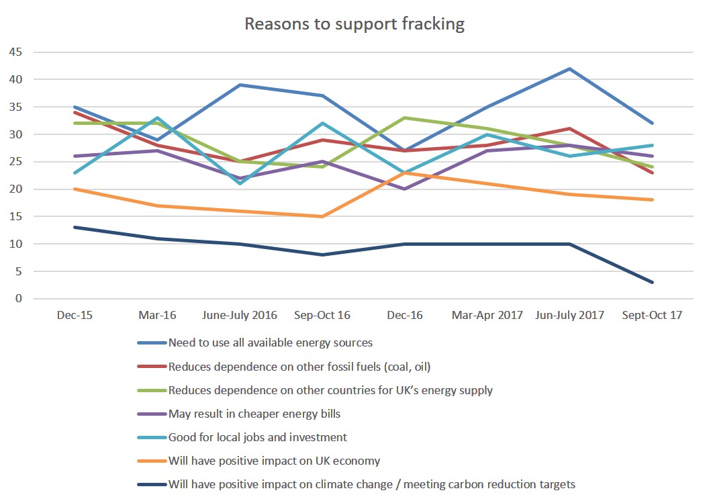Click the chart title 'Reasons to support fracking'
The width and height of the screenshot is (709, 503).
pos(354,24)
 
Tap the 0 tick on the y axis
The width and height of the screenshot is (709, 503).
pos(17,299)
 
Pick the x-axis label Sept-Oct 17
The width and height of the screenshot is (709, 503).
pos(652,315)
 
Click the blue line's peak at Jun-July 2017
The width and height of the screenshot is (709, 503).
pos(569,68)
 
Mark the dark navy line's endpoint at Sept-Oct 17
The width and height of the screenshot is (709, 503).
pos(652,282)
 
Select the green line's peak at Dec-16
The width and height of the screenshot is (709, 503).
pos(404,118)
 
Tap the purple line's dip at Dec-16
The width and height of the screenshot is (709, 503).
pos(404,189)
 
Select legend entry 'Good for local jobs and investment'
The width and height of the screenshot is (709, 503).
pos(258,437)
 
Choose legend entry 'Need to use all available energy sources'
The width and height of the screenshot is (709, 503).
pos(271,342)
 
